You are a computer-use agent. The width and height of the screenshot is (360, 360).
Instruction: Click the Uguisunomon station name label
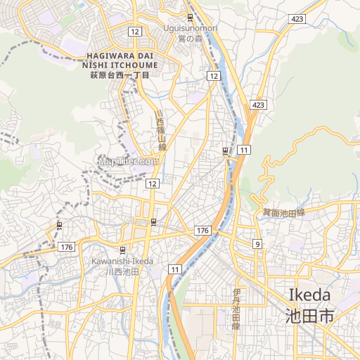pos(191,28)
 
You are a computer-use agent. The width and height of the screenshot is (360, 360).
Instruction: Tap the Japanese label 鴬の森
pos(191,38)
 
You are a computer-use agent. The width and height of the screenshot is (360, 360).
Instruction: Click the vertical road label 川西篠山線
pos(161,131)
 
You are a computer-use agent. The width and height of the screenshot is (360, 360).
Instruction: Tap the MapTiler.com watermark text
pos(128,161)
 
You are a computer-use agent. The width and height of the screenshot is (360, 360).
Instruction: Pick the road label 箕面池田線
pos(284,212)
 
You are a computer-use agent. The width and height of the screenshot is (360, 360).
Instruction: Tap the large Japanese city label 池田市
pos(310,316)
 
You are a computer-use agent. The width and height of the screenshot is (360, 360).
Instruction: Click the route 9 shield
pos(258,243)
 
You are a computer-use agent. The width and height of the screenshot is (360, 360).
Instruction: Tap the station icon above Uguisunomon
pos(191,17)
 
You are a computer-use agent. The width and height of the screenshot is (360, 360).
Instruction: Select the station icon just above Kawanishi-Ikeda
pos(123,250)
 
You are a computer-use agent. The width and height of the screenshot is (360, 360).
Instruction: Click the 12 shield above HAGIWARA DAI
pos(135,31)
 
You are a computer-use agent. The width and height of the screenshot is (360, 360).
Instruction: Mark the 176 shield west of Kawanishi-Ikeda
pos(67,247)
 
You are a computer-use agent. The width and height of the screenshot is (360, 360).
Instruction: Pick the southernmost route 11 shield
pos(174,269)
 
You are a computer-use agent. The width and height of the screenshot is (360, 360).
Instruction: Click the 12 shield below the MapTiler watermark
pos(153,183)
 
